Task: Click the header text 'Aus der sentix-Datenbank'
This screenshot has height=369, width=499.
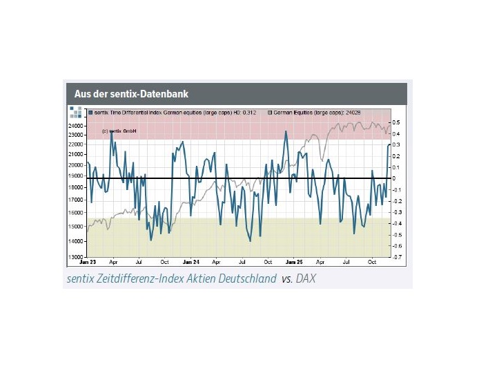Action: [131, 93]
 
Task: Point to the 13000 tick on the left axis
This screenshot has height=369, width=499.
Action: [77, 257]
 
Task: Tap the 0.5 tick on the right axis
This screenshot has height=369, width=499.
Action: [397, 122]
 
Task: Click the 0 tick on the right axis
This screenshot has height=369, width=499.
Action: [395, 178]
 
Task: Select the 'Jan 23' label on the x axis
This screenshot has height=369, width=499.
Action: [88, 263]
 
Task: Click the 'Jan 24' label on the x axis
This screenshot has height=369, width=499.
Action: [191, 263]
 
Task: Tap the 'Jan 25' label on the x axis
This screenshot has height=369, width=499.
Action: [295, 263]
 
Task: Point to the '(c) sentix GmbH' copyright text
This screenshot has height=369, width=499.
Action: [119, 131]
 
